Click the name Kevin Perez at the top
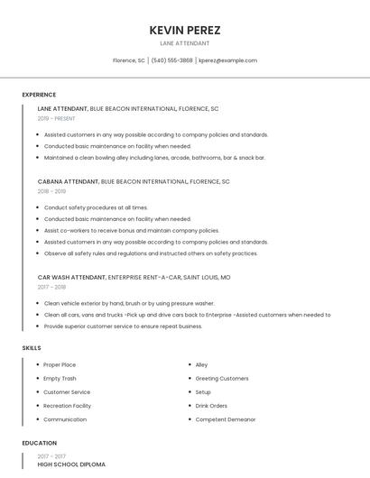[x=184, y=30]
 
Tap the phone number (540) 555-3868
[x=171, y=60]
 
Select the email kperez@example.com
[x=227, y=60]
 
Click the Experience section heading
[x=39, y=95]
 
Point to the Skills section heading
[x=32, y=347]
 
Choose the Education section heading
[x=39, y=443]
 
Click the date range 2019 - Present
[x=56, y=118]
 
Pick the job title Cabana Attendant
[x=68, y=181]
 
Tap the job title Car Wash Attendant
[x=71, y=277]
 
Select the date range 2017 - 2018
[x=51, y=287]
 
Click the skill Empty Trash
[x=60, y=379]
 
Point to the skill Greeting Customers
[x=222, y=379]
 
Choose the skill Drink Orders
[x=211, y=406]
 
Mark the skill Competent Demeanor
[x=225, y=419]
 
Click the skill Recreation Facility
[x=67, y=406]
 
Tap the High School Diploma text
[x=71, y=464]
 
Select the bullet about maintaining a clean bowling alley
[x=154, y=157]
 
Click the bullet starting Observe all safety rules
[x=151, y=253]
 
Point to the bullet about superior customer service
[x=123, y=326]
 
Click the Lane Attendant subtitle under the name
[x=184, y=43]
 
